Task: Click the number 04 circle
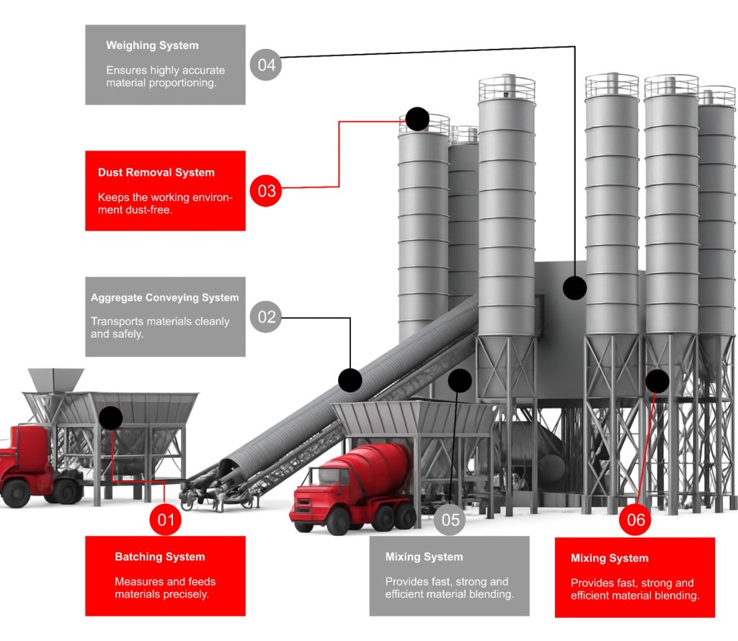(x=266, y=65)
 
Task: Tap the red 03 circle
(x=266, y=191)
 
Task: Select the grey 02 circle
(x=266, y=317)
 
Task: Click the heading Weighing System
(x=152, y=45)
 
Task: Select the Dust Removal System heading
(x=156, y=173)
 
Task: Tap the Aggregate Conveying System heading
(x=164, y=297)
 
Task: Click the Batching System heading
(x=160, y=557)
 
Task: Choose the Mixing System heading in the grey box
(x=424, y=557)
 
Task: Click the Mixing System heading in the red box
(x=610, y=558)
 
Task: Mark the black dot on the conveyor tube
(x=350, y=380)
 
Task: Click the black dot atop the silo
(x=417, y=119)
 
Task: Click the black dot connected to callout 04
(x=574, y=287)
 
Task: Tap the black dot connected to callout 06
(x=657, y=380)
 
